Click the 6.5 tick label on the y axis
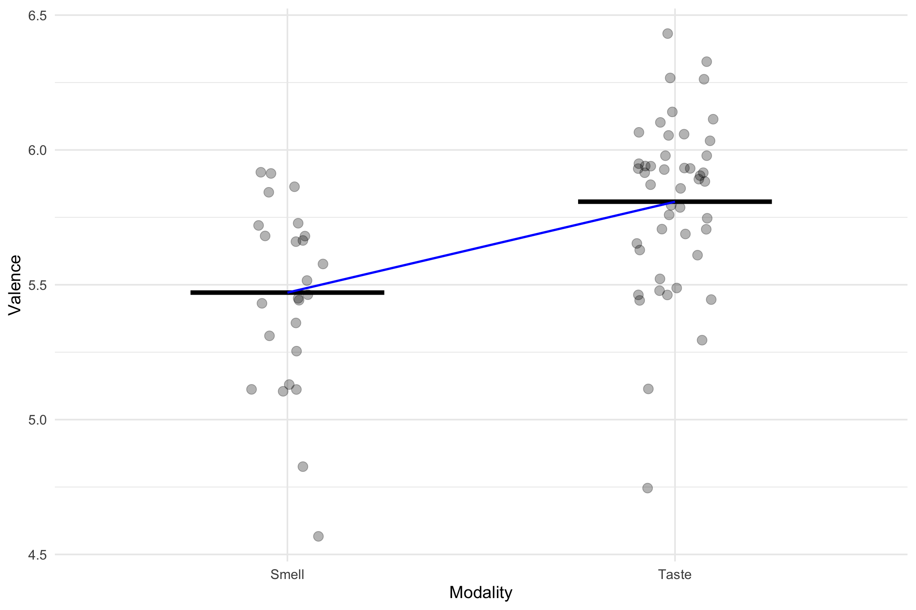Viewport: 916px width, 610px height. tap(37, 16)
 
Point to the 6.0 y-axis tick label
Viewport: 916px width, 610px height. tap(37, 151)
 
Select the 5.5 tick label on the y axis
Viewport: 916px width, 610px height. tap(37, 285)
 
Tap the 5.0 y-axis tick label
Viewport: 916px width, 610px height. tap(37, 420)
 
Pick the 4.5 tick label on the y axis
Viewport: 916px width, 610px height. tap(37, 555)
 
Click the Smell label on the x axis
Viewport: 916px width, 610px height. tap(287, 575)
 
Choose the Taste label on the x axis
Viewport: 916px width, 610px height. tap(675, 575)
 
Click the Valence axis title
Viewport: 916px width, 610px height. tap(15, 285)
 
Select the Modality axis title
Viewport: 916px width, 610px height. tap(481, 593)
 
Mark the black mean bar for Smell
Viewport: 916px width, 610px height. tap(239, 293)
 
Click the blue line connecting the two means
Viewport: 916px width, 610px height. tap(481, 247)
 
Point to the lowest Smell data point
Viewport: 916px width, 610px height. tap(318, 537)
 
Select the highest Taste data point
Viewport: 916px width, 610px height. tap(668, 33)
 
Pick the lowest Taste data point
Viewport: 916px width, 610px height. tap(647, 488)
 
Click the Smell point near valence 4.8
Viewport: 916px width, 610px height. tap(303, 467)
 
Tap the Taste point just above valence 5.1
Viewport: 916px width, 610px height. tap(648, 389)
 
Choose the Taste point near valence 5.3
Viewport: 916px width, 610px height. tap(702, 340)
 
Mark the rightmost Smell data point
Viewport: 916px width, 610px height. tap(322, 264)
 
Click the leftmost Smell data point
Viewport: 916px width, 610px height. tap(251, 389)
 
